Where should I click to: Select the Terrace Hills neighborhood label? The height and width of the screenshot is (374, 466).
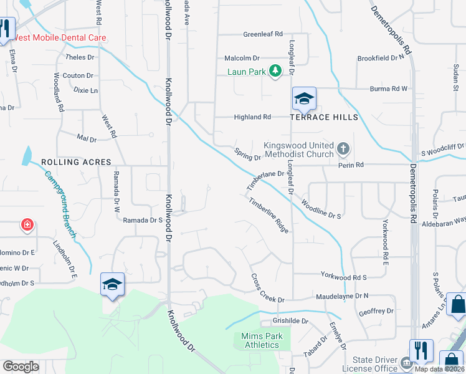click(323, 117)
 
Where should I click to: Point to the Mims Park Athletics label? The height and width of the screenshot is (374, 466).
click(262, 340)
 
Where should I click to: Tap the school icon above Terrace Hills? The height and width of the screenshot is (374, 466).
click(304, 98)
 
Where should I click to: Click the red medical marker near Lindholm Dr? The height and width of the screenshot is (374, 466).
click(27, 224)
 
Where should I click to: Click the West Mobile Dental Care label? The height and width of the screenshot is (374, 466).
click(60, 38)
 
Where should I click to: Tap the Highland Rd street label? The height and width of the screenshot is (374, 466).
click(252, 117)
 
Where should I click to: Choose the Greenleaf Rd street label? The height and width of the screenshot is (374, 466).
click(263, 34)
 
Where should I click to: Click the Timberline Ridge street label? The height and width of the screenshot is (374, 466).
click(269, 215)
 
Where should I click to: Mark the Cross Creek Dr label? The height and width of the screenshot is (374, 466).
click(267, 289)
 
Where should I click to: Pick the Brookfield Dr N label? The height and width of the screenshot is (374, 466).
click(381, 58)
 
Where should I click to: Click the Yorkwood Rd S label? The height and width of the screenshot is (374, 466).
click(344, 275)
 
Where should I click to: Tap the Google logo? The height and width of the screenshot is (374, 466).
click(21, 367)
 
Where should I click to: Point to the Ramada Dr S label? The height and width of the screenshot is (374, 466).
click(143, 220)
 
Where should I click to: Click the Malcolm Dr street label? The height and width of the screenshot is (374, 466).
click(242, 58)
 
